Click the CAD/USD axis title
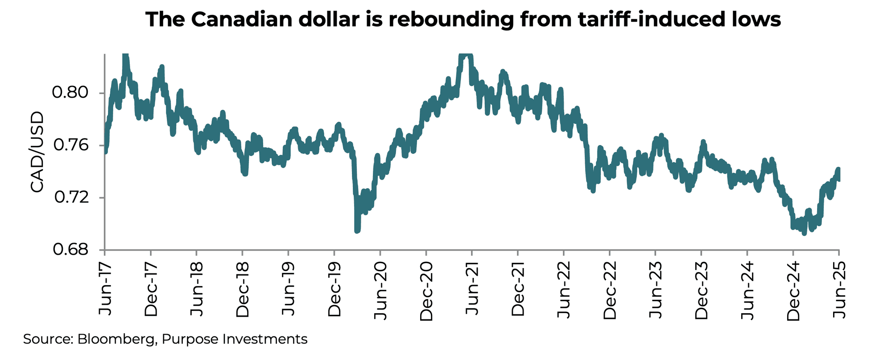click(x=37, y=153)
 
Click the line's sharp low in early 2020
click(x=357, y=231)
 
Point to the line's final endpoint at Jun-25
click(x=839, y=178)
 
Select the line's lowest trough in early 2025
click(x=804, y=233)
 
